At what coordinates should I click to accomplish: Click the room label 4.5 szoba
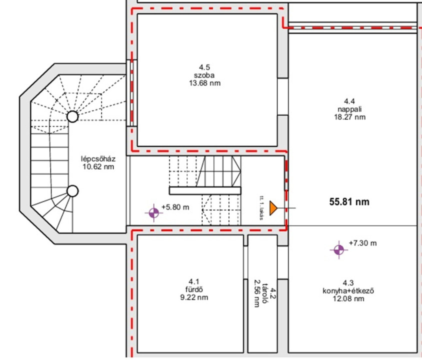pyautogui.click(x=204, y=71)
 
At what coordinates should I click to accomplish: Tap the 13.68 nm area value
pyautogui.click(x=204, y=83)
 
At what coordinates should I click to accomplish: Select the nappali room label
pyautogui.click(x=349, y=109)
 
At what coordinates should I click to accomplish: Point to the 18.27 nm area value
pyautogui.click(x=349, y=117)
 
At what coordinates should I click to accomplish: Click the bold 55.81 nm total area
pyautogui.click(x=349, y=202)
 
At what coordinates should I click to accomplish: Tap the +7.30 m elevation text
pyautogui.click(x=363, y=243)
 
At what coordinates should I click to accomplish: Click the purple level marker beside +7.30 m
pyautogui.click(x=339, y=250)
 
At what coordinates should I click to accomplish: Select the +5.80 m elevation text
pyautogui.click(x=175, y=207)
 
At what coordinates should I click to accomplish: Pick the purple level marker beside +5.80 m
pyautogui.click(x=153, y=213)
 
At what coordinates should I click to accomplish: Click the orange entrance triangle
pyautogui.click(x=273, y=208)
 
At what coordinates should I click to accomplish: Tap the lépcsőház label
pyautogui.click(x=98, y=158)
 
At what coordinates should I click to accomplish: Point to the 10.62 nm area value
pyautogui.click(x=98, y=167)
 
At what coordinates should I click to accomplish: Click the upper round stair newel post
pyautogui.click(x=72, y=117)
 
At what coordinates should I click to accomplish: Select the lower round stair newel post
pyautogui.click(x=72, y=191)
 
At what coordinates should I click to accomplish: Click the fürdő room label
pyautogui.click(x=194, y=290)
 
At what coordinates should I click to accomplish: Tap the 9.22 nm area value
pyautogui.click(x=194, y=297)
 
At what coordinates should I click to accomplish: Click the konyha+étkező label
pyautogui.click(x=348, y=291)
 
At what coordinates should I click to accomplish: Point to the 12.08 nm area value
pyautogui.click(x=348, y=298)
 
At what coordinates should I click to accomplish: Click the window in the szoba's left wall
pyautogui.click(x=132, y=93)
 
